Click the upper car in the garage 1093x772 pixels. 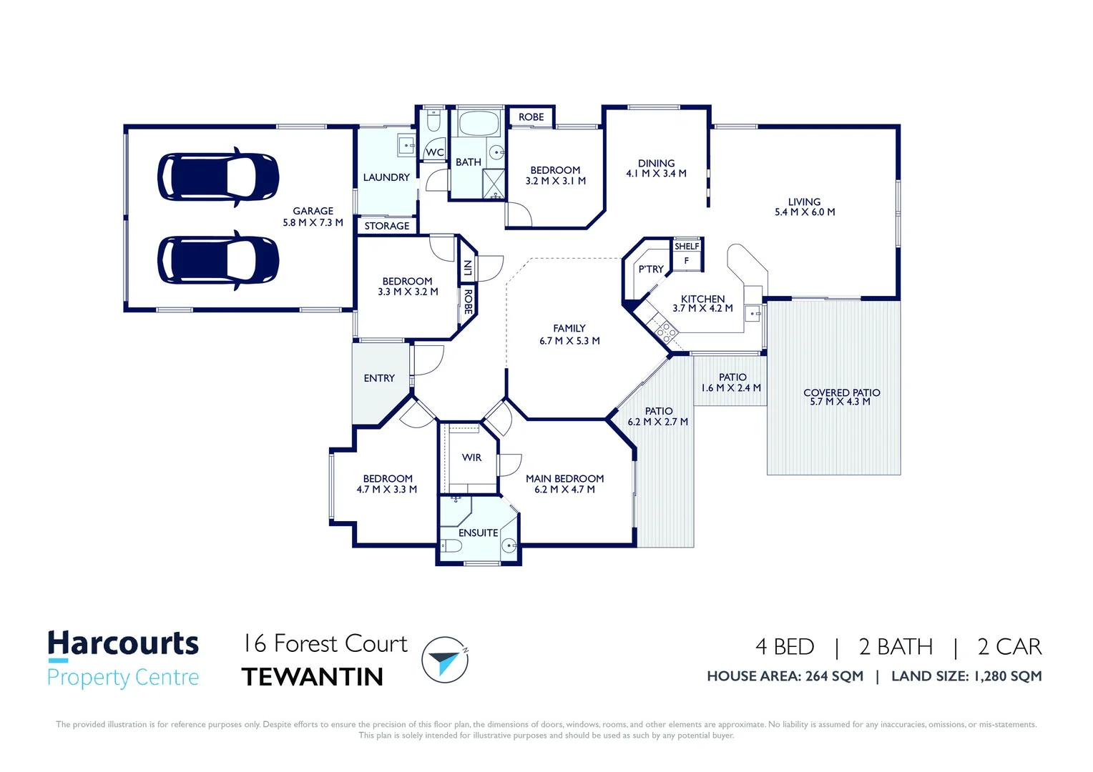coord(217,177)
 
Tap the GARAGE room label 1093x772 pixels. coord(313,211)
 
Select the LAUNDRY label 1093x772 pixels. coord(386,177)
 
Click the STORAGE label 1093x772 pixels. coord(387,226)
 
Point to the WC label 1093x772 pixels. coord(435,152)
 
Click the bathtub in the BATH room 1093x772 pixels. coord(479,124)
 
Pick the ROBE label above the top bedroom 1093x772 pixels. coord(531,117)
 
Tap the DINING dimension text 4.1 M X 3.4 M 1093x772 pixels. coord(656,174)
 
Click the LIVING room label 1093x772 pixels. coord(804,202)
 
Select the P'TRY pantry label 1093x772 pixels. coord(651,269)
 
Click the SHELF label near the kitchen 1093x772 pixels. coord(687,247)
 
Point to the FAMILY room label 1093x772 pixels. coord(569,328)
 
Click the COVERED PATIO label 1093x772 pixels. coord(841,392)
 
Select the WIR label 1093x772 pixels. coord(471,457)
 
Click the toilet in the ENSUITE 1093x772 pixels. coord(451,546)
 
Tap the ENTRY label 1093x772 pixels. coord(379,378)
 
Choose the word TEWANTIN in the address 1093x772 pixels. coord(313,677)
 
